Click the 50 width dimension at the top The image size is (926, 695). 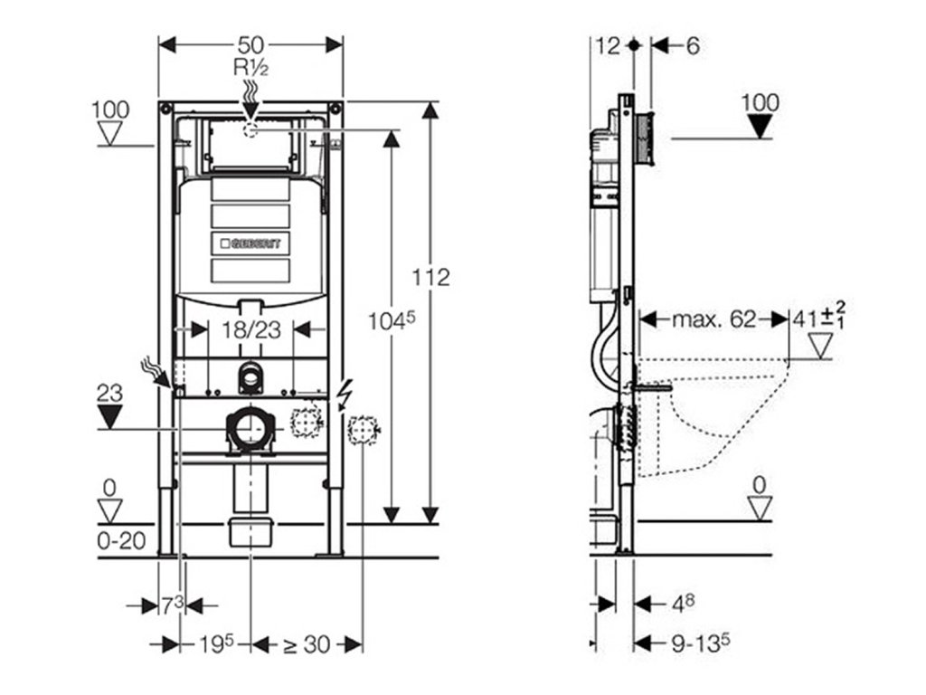251,44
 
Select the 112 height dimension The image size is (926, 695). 431,278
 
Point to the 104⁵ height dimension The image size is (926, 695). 392,319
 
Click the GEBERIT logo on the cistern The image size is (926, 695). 251,243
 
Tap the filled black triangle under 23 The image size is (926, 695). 110,417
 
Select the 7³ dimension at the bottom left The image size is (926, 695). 173,605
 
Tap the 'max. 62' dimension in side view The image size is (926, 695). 713,319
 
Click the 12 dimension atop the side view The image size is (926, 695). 609,44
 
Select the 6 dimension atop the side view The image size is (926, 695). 693,44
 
